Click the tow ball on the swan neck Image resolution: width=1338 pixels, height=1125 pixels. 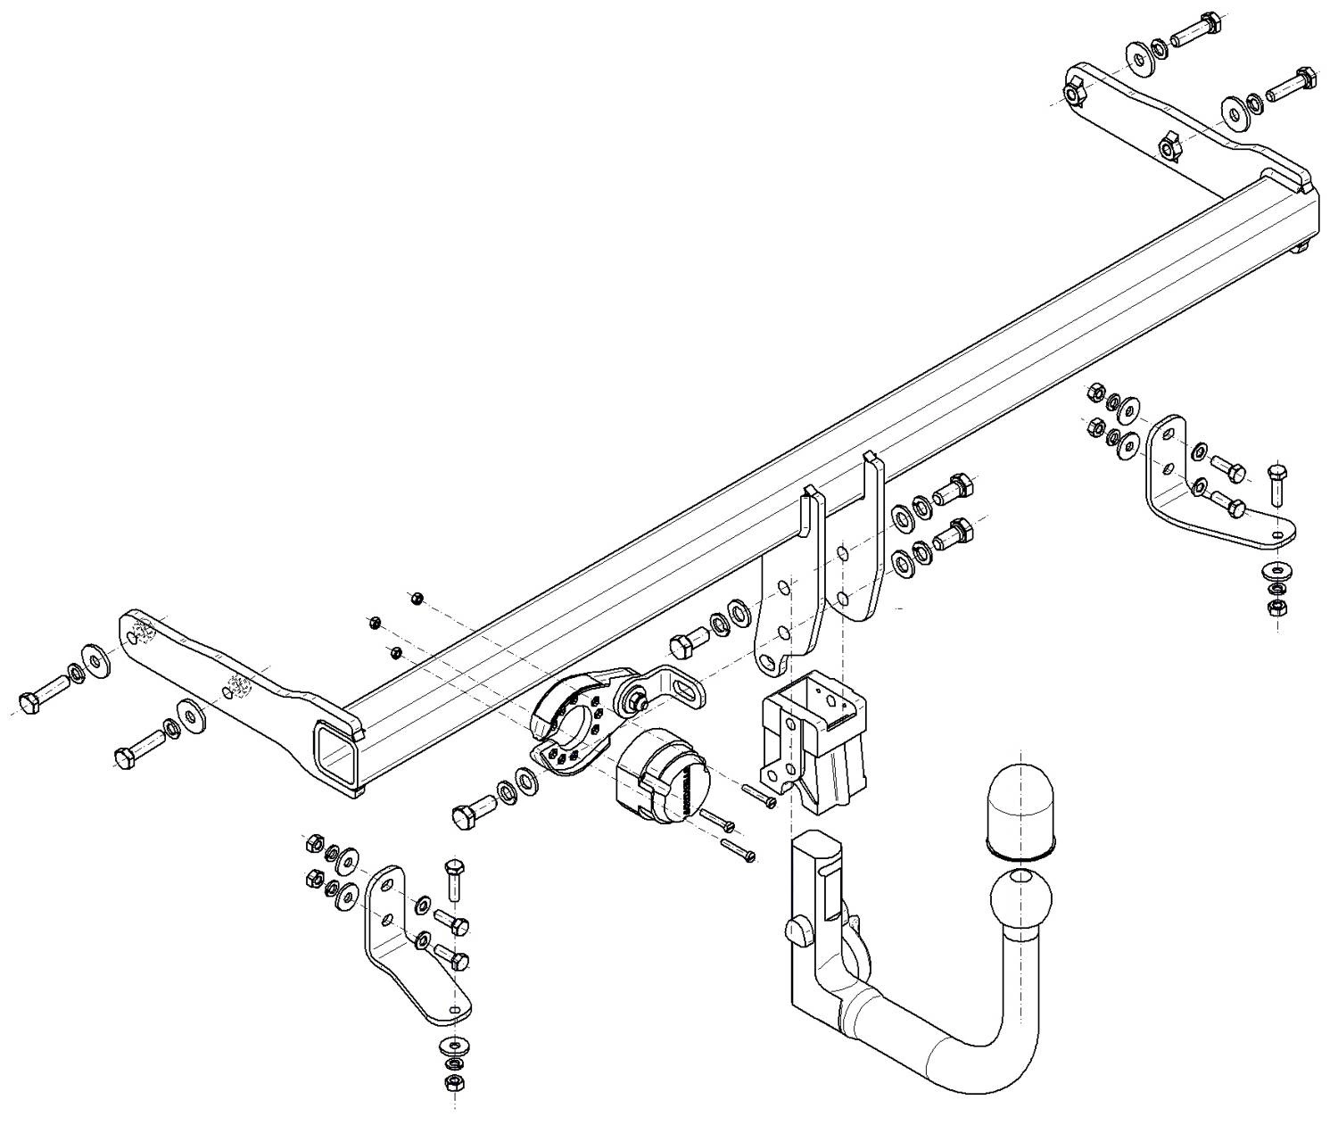1020,902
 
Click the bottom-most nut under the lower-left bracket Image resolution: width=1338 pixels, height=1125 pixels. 452,1082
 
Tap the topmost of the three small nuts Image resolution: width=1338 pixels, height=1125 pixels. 417,598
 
